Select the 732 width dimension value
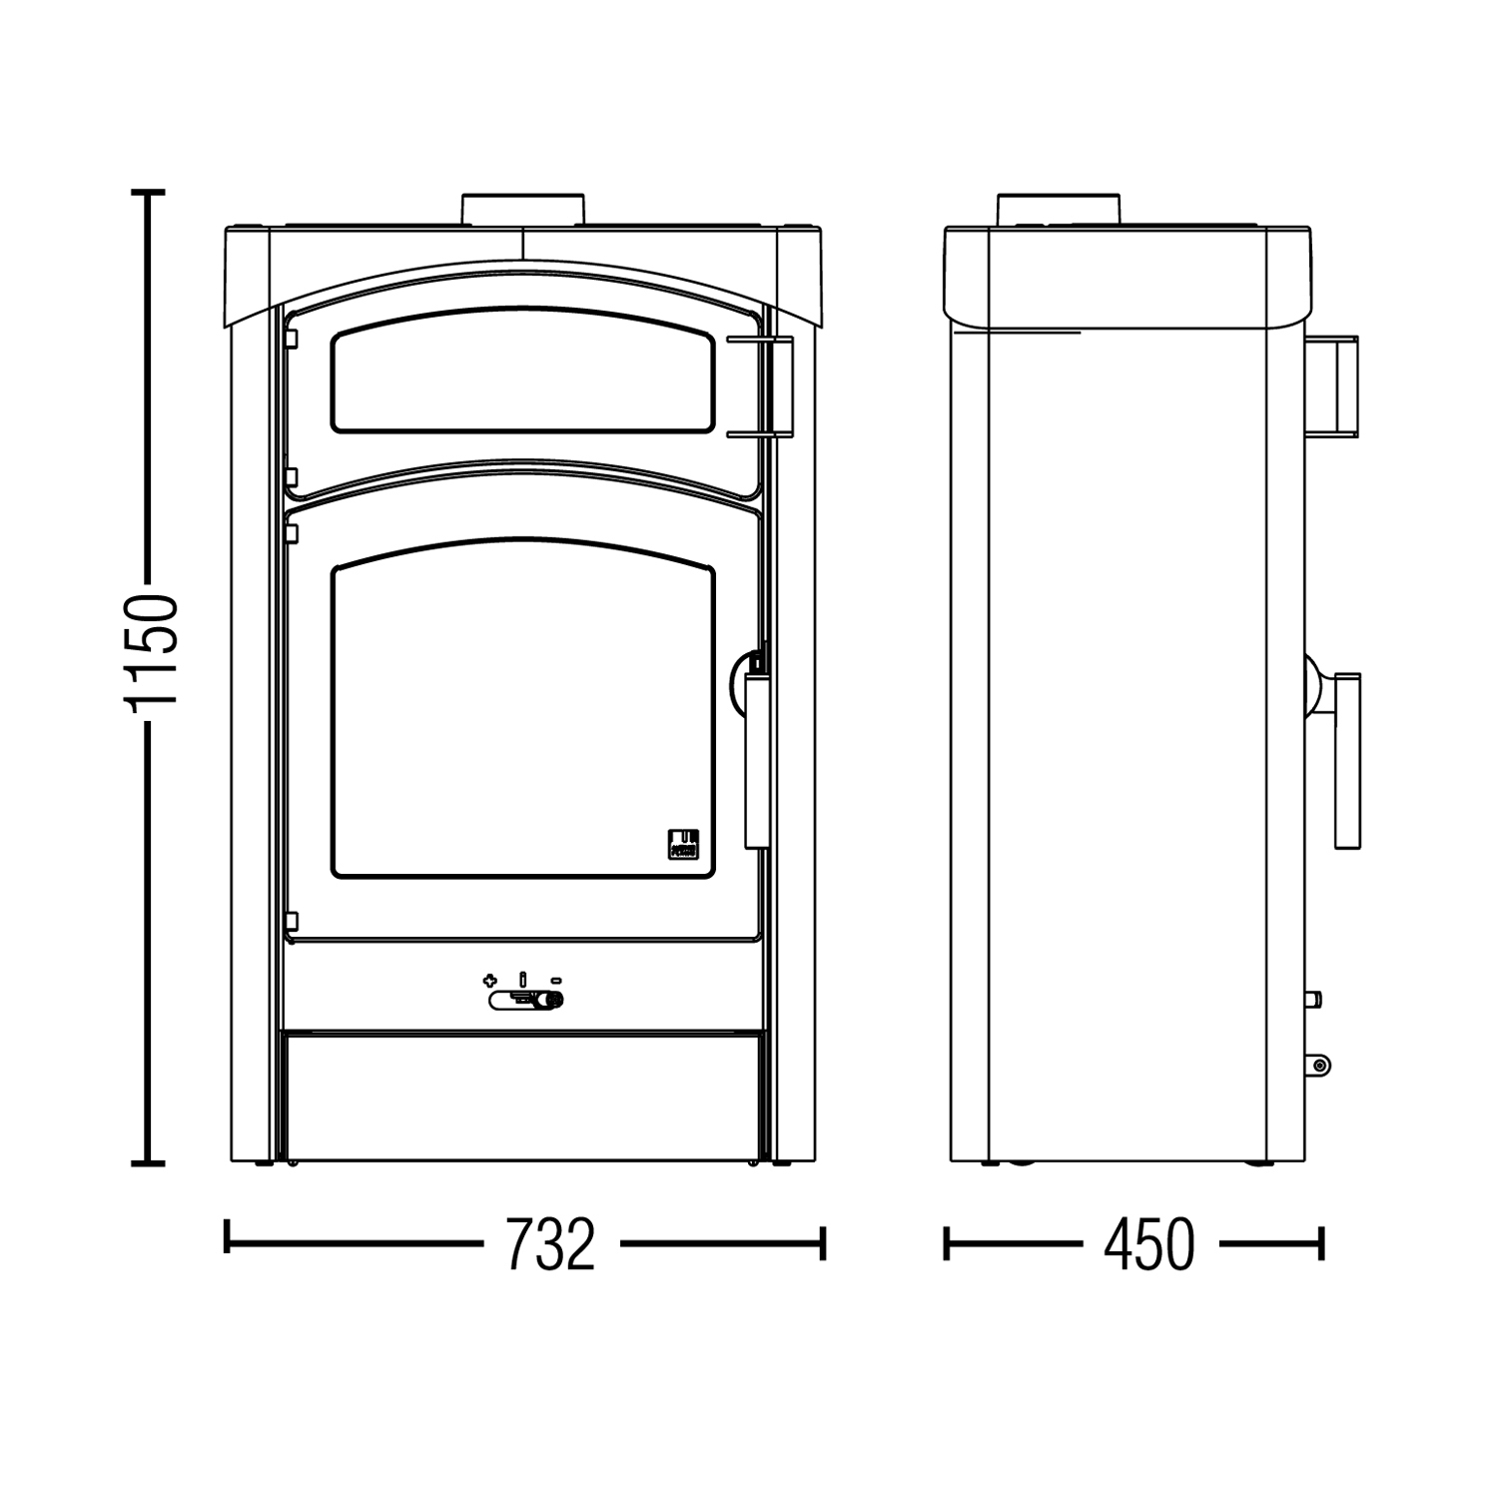[x=550, y=1244]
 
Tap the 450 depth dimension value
[x=1148, y=1244]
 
